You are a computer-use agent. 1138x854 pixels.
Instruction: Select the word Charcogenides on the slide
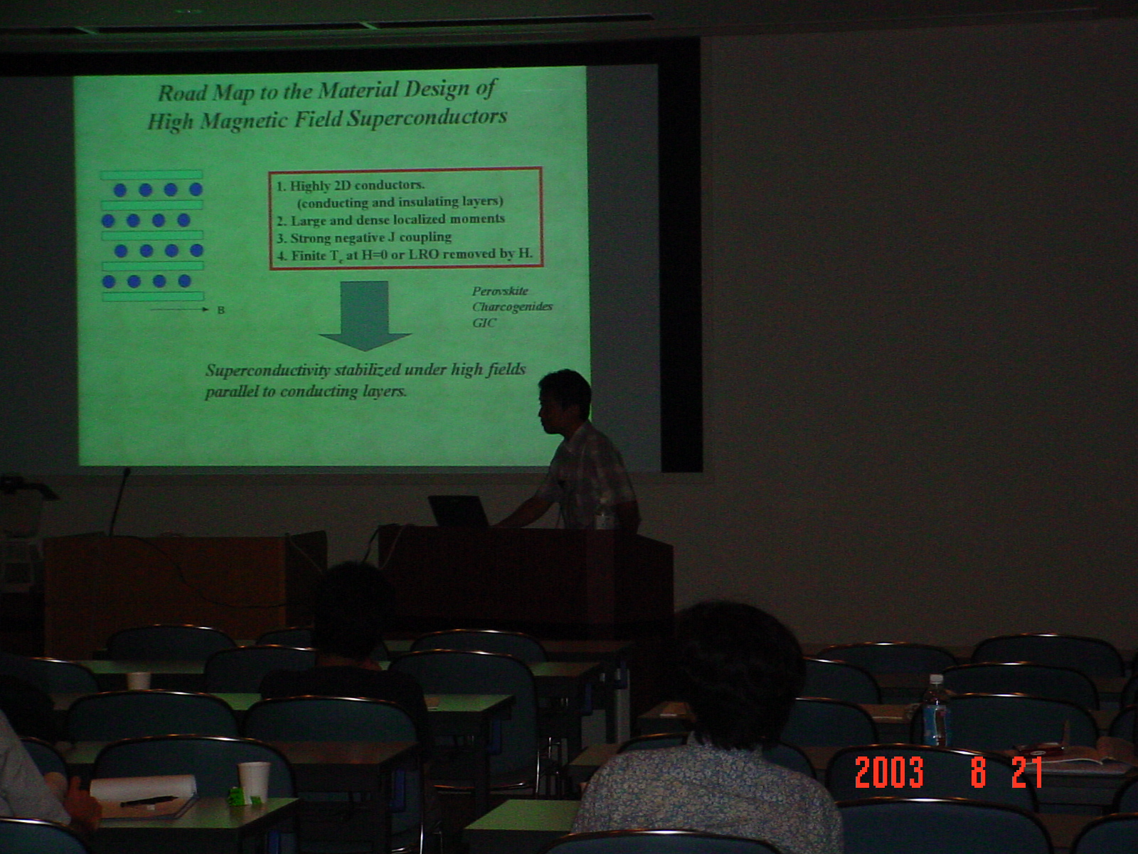pos(512,307)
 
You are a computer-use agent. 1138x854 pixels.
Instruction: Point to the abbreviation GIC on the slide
pos(484,322)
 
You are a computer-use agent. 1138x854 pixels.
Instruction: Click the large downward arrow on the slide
pos(364,316)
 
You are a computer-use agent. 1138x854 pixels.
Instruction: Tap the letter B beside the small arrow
pos(221,310)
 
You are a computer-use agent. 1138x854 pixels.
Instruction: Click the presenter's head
pos(564,399)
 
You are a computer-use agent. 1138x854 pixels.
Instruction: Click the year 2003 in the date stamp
pos(890,773)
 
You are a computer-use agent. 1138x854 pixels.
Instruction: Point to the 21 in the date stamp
pos(1027,772)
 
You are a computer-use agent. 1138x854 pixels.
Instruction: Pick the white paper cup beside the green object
pos(254,780)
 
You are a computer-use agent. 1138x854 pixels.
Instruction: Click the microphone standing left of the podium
pos(119,501)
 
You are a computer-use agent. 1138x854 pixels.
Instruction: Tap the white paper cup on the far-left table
pos(139,680)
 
